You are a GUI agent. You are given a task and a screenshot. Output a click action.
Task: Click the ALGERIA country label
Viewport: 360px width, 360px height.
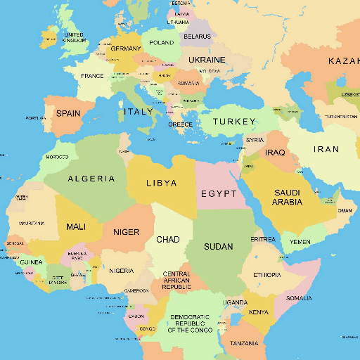click(x=91, y=179)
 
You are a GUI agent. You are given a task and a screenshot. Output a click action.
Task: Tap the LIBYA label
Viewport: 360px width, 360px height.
click(x=161, y=183)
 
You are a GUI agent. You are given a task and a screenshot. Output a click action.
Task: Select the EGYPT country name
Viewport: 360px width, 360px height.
click(x=218, y=194)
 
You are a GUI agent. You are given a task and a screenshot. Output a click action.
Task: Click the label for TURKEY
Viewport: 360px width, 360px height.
click(x=234, y=122)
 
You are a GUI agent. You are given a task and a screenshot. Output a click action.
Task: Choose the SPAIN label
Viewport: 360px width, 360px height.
click(x=68, y=113)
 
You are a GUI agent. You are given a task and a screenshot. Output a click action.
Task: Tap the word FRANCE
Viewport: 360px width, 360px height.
click(x=92, y=76)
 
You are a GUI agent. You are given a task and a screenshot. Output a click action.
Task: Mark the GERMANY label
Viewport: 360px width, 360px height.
click(x=126, y=49)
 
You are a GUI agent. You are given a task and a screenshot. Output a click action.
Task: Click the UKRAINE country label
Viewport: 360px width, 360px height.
click(x=207, y=60)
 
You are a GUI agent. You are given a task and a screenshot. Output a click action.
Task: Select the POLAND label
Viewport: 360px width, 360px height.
click(x=162, y=42)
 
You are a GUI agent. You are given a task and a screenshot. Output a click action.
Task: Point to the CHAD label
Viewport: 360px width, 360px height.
click(x=167, y=240)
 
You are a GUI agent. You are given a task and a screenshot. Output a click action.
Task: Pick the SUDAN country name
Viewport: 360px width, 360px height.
click(x=218, y=247)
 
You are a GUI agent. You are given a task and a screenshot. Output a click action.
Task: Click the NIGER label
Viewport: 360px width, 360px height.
click(x=127, y=232)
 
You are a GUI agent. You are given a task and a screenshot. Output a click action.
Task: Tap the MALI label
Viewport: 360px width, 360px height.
click(x=76, y=227)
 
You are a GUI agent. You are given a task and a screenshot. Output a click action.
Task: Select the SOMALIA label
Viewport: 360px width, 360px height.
click(x=299, y=298)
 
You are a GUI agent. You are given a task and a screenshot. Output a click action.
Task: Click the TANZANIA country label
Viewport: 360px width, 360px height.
click(x=243, y=344)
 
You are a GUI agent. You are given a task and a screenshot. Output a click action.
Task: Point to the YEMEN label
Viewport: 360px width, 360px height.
click(x=300, y=242)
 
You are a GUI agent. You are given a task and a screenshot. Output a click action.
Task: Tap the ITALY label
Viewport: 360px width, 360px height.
click(x=138, y=112)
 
